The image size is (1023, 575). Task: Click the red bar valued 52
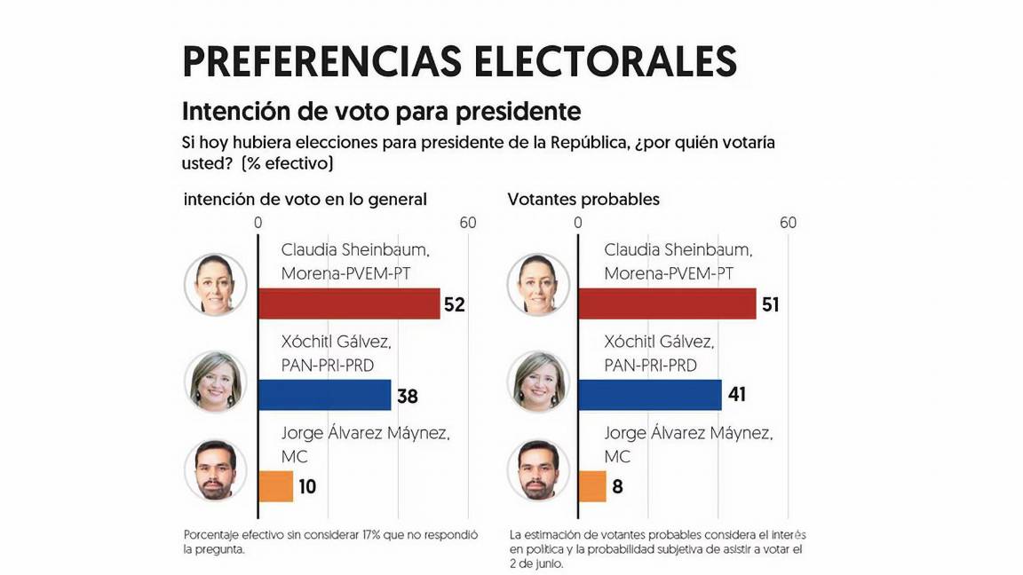point(349,304)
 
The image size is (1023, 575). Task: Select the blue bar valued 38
point(324,395)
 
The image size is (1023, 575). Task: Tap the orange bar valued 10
point(275,485)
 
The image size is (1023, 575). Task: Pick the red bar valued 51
point(667,304)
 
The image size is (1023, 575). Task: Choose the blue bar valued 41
point(649,395)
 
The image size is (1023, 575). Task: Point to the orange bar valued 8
point(592,485)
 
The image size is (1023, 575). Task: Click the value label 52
point(455,305)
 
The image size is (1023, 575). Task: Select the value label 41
point(736,395)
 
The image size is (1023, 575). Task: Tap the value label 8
point(618,485)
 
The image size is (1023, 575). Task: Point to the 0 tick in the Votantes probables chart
point(578,223)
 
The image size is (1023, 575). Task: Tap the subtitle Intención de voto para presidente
point(381,112)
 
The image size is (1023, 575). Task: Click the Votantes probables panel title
point(583,200)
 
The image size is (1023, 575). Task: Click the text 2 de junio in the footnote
point(536,562)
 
